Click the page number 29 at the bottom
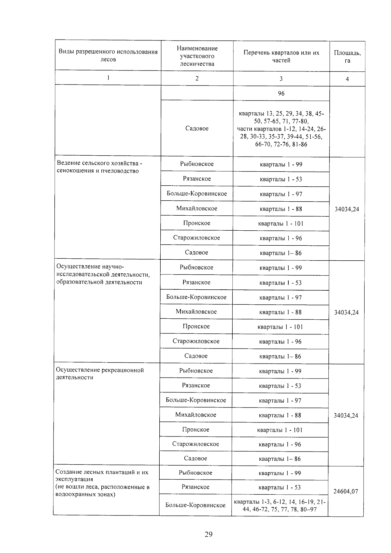point(209,534)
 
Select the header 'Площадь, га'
point(347,56)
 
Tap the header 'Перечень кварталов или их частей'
point(281,56)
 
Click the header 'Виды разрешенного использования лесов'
point(108,55)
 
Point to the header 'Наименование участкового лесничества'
point(197,56)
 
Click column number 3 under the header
point(281,79)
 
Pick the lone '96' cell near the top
point(281,94)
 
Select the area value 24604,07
point(346,491)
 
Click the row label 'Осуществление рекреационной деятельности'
point(100,374)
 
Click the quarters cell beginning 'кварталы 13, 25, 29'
point(281,129)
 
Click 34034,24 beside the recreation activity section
point(346,415)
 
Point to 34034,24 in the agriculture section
point(347,209)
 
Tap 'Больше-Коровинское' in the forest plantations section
point(195,505)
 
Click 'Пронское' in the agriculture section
point(196,223)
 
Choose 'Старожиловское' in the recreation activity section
point(195,444)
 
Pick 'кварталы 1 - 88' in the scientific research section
point(281,312)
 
